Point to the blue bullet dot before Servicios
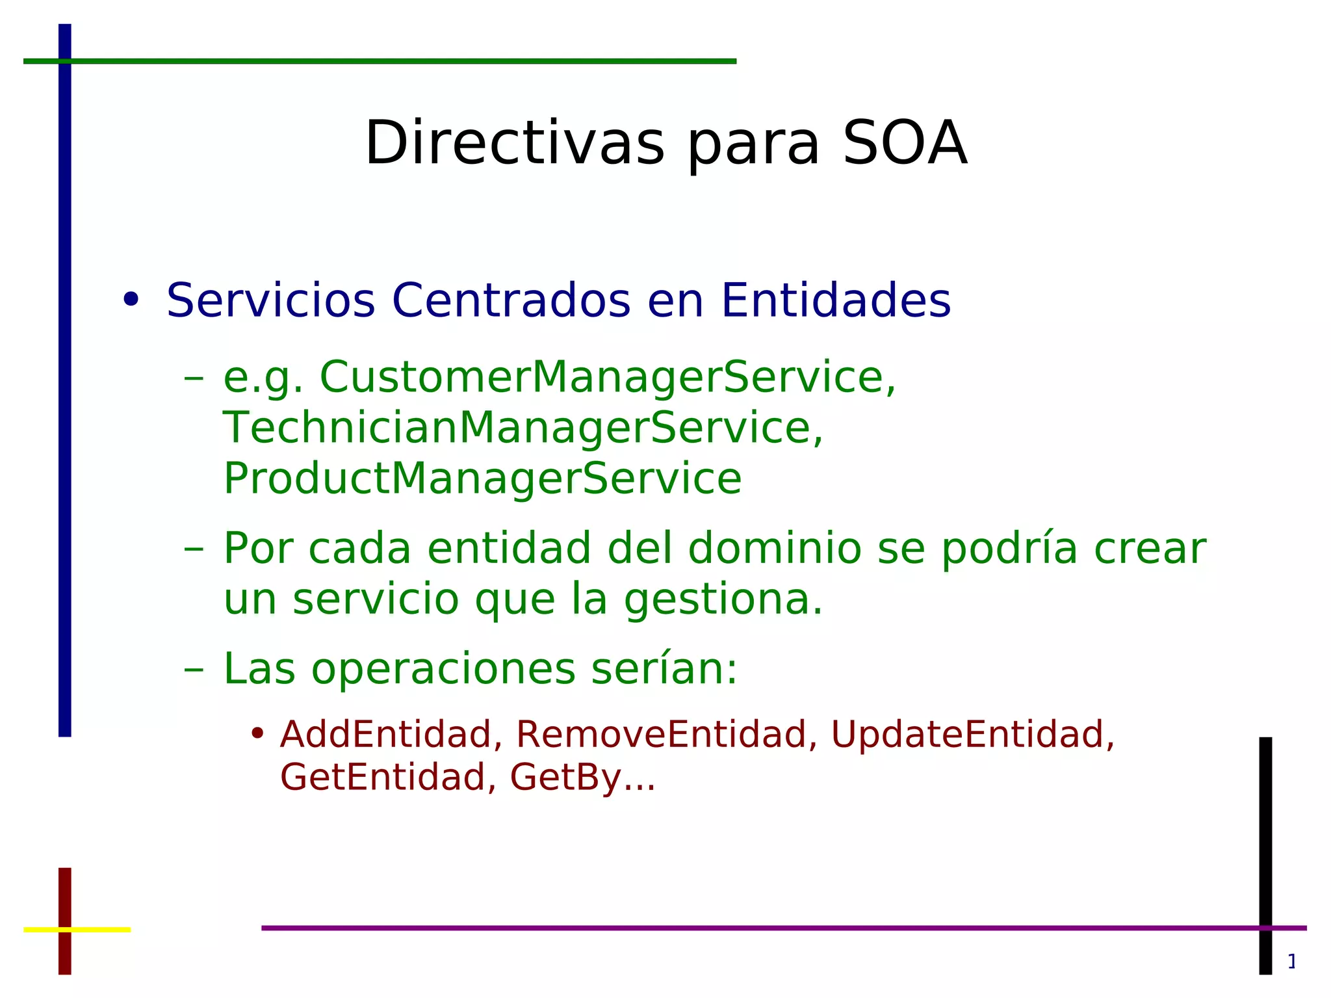(131, 300)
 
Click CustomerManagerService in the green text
(607, 377)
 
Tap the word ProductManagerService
(482, 479)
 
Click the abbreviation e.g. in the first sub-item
(263, 378)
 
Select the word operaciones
(443, 669)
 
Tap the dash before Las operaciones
(194, 670)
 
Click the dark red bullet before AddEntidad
(257, 733)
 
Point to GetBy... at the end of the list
(582, 778)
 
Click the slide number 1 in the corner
(1292, 961)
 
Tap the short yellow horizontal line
(97, 930)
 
